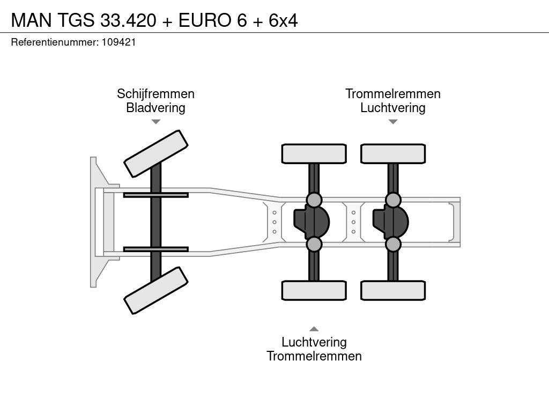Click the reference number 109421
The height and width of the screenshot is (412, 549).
coord(118,42)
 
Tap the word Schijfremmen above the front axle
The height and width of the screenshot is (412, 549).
coord(155,94)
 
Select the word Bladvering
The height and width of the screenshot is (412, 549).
coord(155,108)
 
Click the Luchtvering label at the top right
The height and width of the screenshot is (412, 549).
coord(392,108)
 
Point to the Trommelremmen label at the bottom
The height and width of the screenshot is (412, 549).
coord(314,356)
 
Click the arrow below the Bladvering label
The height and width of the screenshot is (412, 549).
coord(155,122)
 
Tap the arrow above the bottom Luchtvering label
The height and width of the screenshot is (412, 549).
coord(314,329)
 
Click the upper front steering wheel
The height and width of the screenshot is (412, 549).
coord(156,153)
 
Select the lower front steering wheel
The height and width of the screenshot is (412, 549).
coord(156,290)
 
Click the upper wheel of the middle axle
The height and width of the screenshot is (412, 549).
coord(314,153)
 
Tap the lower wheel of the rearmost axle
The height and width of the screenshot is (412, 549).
coord(393,290)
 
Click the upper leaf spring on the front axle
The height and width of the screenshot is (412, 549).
coord(155,195)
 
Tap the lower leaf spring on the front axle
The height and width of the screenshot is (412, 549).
coord(155,249)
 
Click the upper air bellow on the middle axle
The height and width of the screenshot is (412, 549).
coord(314,200)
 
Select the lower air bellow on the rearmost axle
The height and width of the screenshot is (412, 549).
coord(393,244)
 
